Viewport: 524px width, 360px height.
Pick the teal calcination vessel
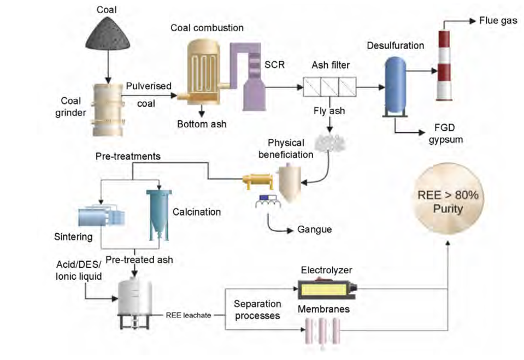click(x=158, y=213)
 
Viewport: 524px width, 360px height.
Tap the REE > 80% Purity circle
click(x=448, y=203)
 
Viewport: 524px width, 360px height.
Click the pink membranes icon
click(x=323, y=331)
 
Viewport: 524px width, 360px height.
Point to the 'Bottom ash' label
click(x=201, y=124)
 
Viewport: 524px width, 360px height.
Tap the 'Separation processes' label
click(x=257, y=309)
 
